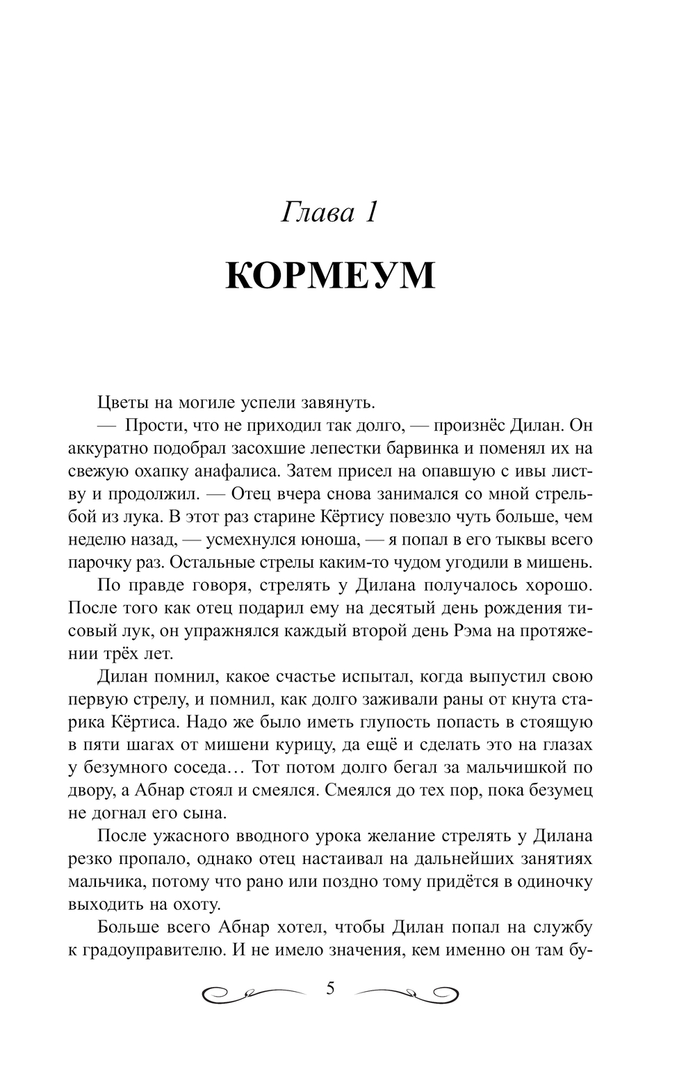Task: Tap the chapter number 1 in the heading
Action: tap(369, 212)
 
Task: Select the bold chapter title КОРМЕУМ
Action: tap(331, 276)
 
